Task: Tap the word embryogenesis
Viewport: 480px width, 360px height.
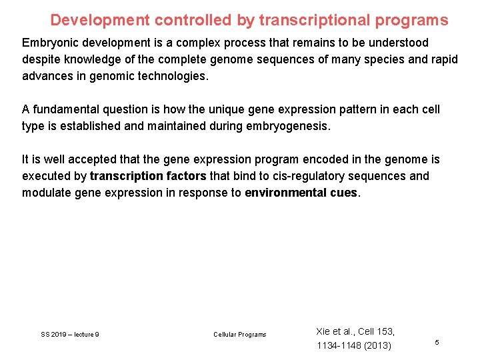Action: coord(291,126)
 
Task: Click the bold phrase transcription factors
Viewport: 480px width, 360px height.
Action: coord(148,176)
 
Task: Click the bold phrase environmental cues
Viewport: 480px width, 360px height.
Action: coord(302,193)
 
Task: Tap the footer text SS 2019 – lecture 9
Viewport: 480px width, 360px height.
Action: coord(70,334)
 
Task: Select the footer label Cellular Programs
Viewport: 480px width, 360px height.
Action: coord(239,334)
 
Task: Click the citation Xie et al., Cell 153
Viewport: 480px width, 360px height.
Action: coord(355,331)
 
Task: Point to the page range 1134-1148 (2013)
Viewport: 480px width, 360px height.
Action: coord(354,345)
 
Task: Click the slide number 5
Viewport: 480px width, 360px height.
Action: coord(437,342)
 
